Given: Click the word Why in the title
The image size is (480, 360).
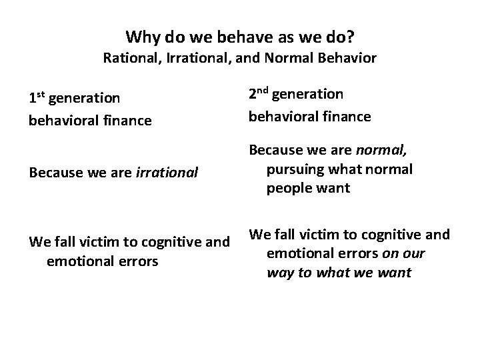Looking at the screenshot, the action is pos(141,36).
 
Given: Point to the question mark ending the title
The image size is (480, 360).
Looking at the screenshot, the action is pos(350,36).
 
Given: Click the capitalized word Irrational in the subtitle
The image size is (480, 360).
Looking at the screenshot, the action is pos(190,58).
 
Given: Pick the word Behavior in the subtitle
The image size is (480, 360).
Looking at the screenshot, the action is pos(347,58).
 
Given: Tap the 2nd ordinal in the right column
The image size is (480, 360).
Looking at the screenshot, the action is pos(259,95).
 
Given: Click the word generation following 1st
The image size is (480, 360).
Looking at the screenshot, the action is pos(85,99).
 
